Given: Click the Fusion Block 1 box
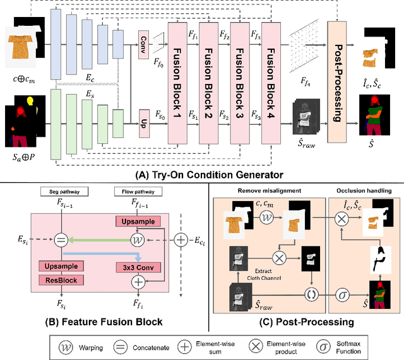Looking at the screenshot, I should click(177, 81).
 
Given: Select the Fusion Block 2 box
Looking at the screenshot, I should click(208, 81).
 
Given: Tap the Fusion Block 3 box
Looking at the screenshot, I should click(240, 81).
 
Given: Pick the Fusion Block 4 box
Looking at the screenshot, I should click(271, 81).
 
